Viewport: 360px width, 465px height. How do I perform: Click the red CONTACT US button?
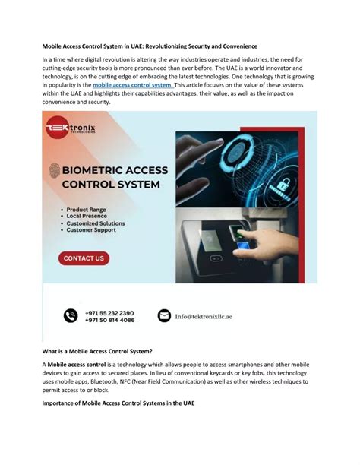point(84,258)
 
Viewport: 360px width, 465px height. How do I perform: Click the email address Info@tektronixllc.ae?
point(213,316)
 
